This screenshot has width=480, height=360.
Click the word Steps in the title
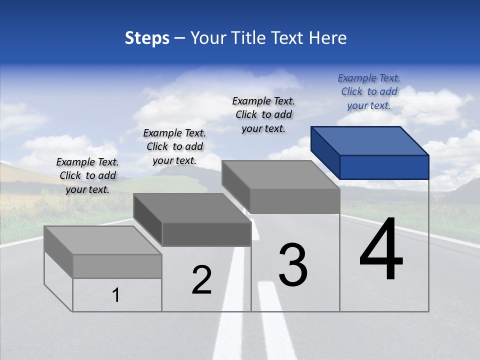(x=147, y=38)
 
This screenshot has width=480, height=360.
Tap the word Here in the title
(x=328, y=38)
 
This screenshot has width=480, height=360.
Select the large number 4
(x=381, y=250)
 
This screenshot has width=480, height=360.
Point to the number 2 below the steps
(x=201, y=280)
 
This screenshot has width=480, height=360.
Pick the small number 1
(x=116, y=295)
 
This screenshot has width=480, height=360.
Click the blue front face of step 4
(x=384, y=167)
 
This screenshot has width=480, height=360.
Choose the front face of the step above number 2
(x=206, y=234)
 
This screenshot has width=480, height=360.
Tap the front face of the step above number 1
(x=117, y=266)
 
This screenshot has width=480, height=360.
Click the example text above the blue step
(x=369, y=91)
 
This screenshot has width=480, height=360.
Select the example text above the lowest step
(x=87, y=175)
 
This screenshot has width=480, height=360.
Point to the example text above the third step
(x=263, y=114)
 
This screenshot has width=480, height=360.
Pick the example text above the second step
(x=174, y=146)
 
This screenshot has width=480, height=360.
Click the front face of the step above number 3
(x=295, y=201)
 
